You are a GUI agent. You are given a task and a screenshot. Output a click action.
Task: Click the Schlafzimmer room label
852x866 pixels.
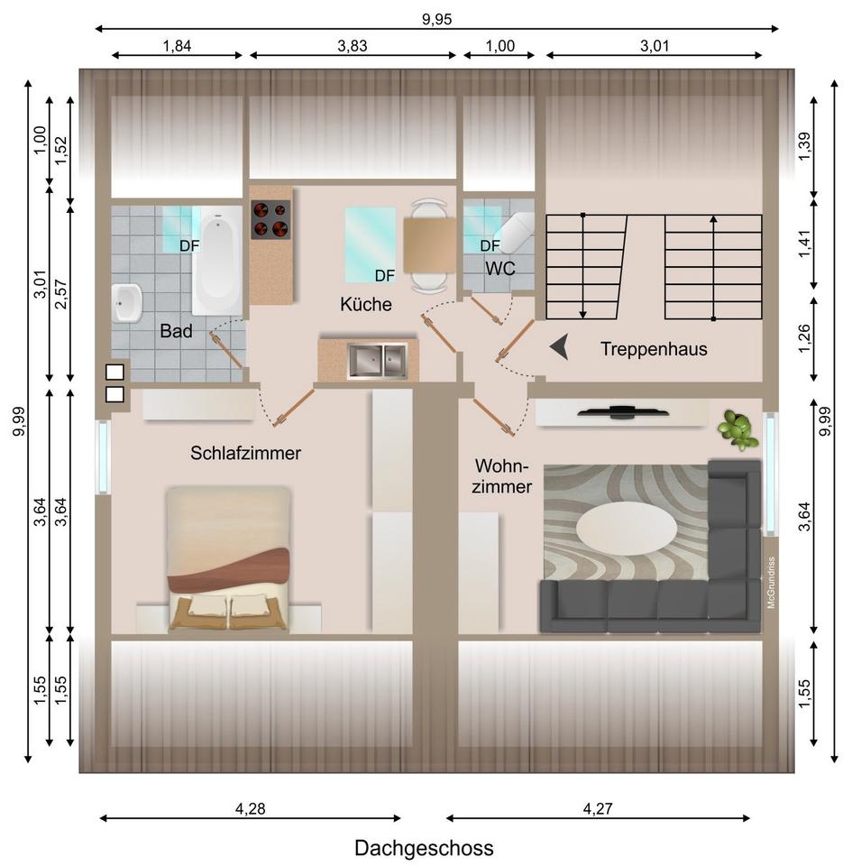(x=245, y=453)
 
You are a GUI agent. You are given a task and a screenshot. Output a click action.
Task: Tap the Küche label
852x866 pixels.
(x=366, y=304)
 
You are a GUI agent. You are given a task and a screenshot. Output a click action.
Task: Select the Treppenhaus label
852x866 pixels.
(x=654, y=349)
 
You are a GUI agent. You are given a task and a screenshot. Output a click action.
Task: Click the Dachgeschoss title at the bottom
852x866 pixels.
(x=424, y=848)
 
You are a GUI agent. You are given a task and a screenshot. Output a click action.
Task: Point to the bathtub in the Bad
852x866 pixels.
(x=217, y=261)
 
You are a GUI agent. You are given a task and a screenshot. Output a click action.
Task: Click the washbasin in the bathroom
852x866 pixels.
(x=126, y=303)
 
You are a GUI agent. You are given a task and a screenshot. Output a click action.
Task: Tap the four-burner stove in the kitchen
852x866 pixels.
(x=270, y=219)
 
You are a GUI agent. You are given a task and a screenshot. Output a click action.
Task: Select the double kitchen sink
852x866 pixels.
(x=377, y=361)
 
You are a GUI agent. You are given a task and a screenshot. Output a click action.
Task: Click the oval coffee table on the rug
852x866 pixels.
(x=627, y=528)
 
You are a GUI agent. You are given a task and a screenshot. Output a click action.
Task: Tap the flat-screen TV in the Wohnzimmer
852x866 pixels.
(x=623, y=412)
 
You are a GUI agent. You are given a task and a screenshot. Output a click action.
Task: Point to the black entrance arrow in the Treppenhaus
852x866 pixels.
(x=559, y=348)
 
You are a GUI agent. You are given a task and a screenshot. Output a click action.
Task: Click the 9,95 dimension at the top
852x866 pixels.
(x=436, y=19)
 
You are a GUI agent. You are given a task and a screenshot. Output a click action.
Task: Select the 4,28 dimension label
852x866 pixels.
(x=250, y=808)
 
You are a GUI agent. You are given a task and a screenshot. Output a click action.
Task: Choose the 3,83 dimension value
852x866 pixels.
(x=352, y=46)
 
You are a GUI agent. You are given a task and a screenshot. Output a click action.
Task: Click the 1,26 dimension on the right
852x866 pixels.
(x=804, y=337)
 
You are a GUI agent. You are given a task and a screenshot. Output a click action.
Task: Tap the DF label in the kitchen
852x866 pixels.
(x=385, y=275)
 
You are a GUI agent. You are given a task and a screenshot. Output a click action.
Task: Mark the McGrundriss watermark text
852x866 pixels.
(x=771, y=583)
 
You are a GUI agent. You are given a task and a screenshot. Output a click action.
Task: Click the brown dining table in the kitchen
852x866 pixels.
(x=429, y=245)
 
